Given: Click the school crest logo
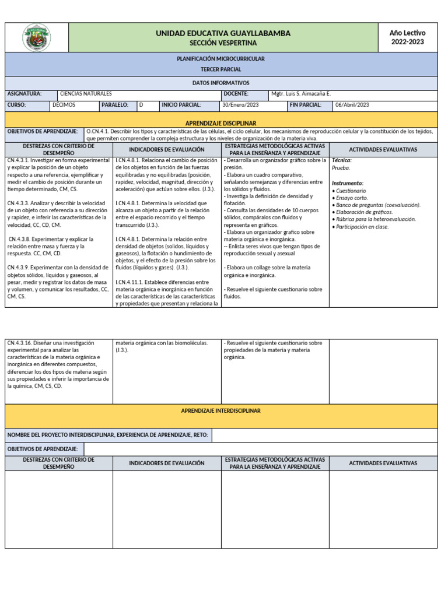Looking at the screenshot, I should [36, 37].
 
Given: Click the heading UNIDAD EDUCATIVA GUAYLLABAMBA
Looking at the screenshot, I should [223, 33].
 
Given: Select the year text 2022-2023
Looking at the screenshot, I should [408, 42].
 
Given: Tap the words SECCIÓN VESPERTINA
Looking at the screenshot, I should [223, 43].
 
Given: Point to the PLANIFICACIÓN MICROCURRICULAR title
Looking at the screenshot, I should [220, 59].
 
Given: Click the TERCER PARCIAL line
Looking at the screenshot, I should [220, 69].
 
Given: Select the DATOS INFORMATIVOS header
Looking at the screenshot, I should [220, 83].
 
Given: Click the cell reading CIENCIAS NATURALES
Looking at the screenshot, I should [86, 94].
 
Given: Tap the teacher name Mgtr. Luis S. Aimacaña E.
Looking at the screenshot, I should [301, 94].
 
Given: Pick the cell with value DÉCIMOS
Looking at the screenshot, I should [64, 105].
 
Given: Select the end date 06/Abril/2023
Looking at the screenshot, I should [352, 105].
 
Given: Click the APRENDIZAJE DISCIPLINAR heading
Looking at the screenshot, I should [220, 124].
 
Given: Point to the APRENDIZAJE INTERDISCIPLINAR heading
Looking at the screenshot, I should [220, 411].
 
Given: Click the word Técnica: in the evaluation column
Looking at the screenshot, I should [342, 160].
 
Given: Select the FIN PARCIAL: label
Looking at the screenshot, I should [305, 105].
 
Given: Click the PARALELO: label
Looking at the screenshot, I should [115, 105].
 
